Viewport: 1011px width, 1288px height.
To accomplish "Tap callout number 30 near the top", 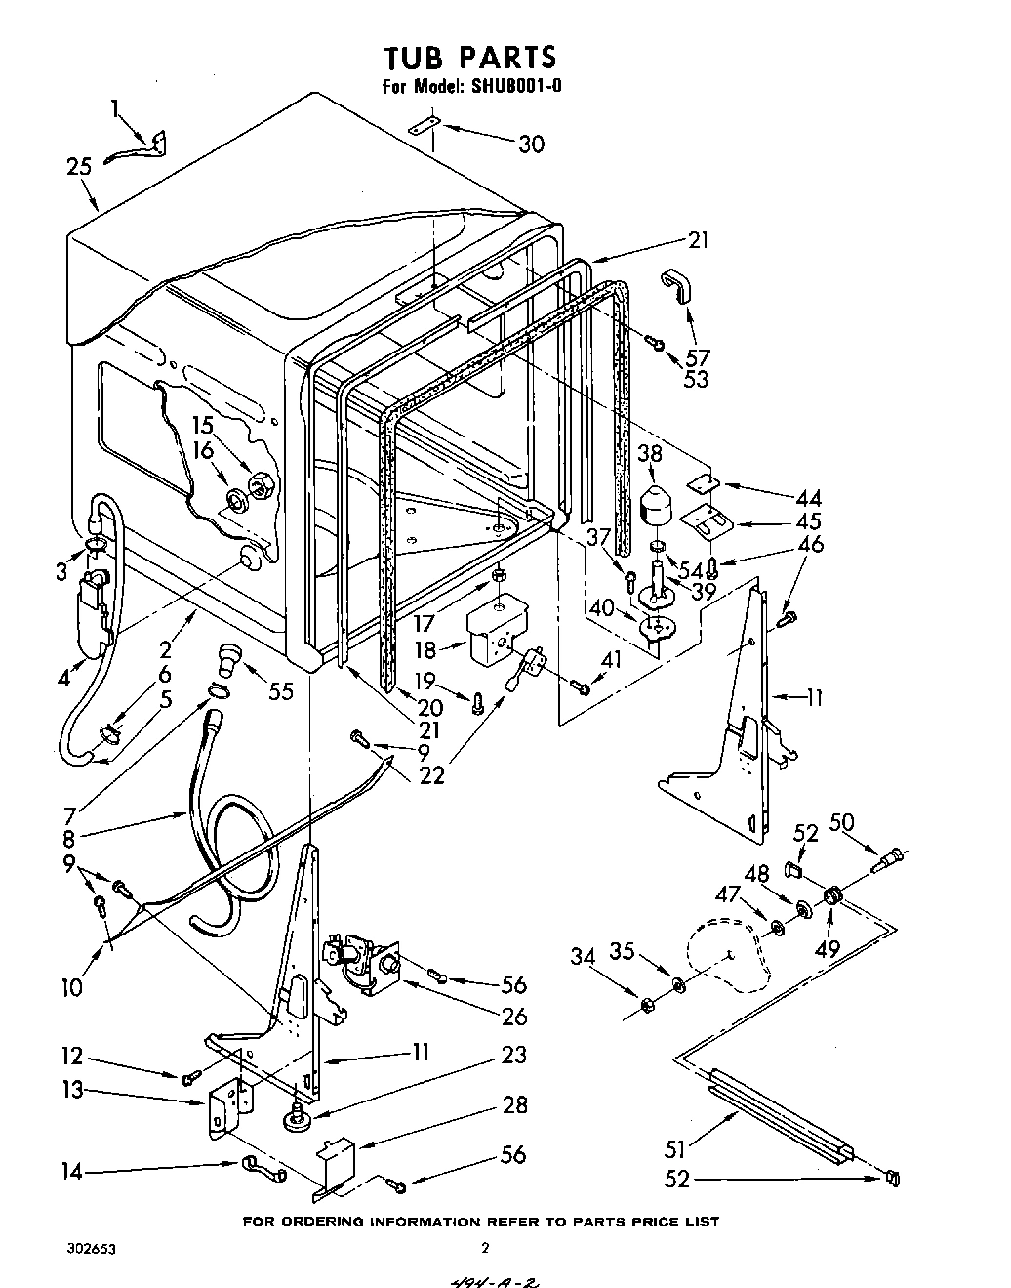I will (x=531, y=145).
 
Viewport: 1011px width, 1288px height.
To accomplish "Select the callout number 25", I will (x=80, y=167).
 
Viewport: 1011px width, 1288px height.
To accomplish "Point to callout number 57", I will (x=698, y=358).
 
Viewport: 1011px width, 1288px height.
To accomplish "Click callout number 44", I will (x=809, y=498).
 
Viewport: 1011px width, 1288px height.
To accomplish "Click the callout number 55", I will (x=281, y=692).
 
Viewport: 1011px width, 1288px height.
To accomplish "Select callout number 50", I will (x=840, y=822).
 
